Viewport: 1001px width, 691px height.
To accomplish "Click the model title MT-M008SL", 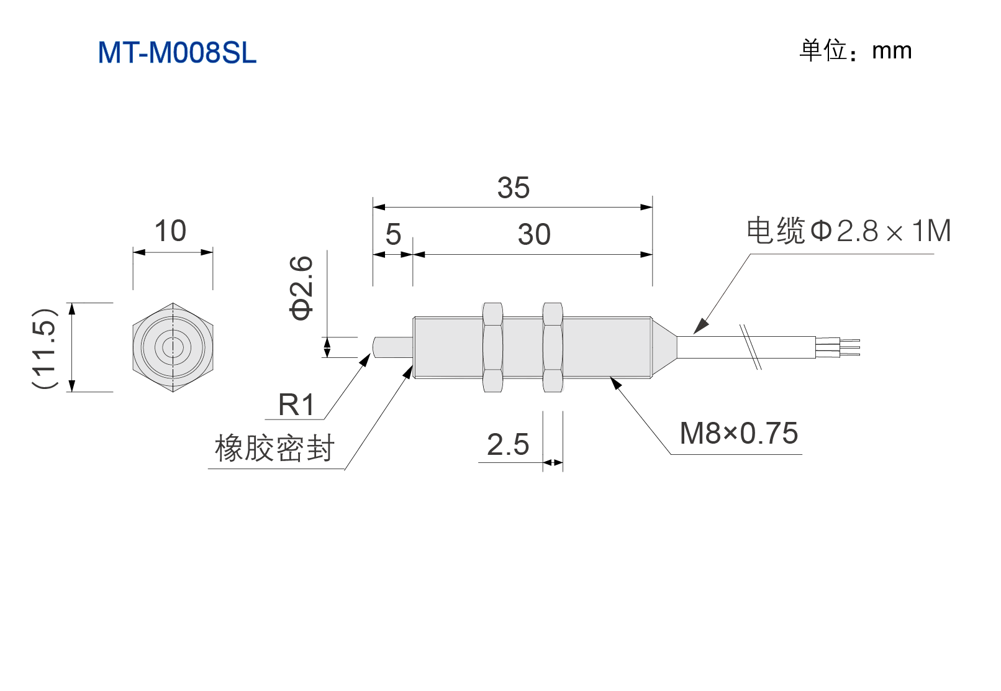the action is [x=177, y=53].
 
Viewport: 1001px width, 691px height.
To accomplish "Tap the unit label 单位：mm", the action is [x=855, y=50].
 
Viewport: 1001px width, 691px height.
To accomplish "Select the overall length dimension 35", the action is [x=514, y=188].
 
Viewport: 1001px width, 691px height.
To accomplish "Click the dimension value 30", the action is [x=534, y=234].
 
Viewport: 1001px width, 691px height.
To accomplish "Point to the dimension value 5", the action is [x=393, y=234].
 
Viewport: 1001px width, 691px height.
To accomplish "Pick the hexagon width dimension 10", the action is [x=170, y=231].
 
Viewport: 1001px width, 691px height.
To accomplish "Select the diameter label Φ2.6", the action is [x=301, y=288].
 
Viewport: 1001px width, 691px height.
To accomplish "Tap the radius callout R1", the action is [x=297, y=405].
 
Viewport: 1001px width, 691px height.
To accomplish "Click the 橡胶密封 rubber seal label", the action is [x=274, y=447].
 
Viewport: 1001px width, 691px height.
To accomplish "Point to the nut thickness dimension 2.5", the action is [x=508, y=444].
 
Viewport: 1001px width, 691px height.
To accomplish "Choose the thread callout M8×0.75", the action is [x=739, y=433].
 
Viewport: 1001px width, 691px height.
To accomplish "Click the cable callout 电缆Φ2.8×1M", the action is [x=849, y=231].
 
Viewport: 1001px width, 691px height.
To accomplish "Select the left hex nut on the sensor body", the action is [x=493, y=347].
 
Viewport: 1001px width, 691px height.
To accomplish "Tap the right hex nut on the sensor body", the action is [x=553, y=347].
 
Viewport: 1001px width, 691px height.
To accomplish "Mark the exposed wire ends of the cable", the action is [x=838, y=347].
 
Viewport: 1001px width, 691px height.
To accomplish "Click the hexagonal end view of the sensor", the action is [x=173, y=347].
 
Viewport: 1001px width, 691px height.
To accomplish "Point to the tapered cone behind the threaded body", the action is [x=664, y=347].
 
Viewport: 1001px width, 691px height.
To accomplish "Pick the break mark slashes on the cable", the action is [x=751, y=347].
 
